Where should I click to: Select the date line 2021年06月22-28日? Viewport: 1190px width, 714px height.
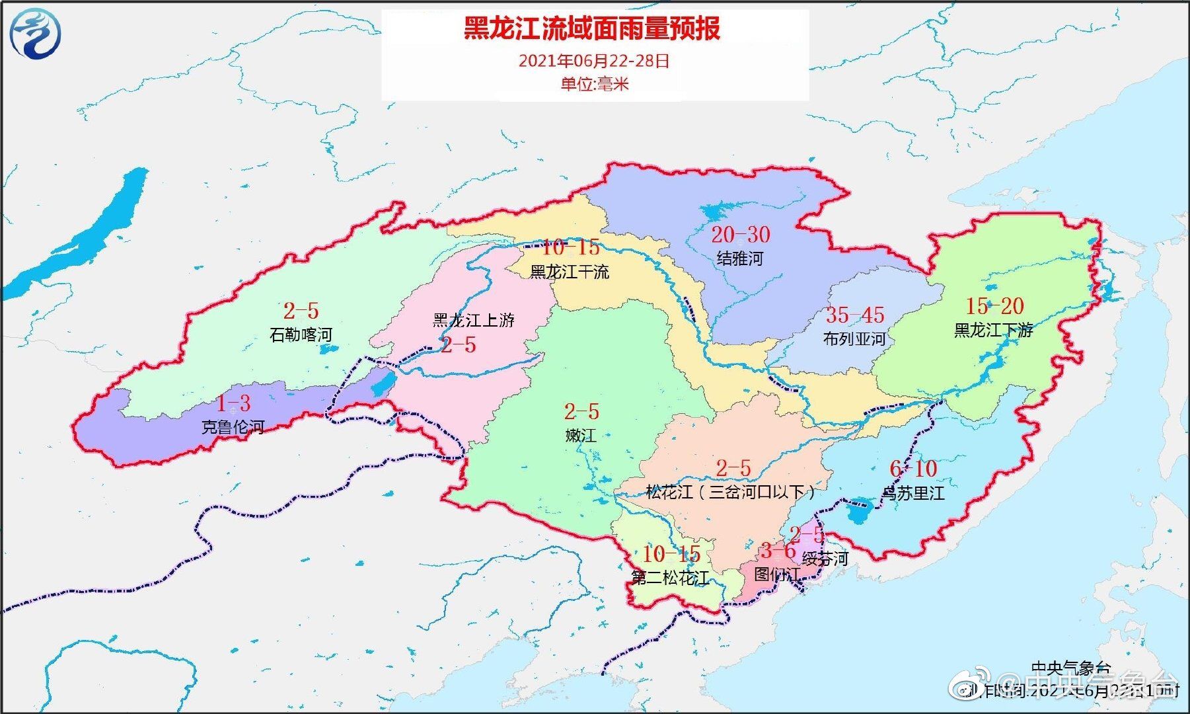pos(594,61)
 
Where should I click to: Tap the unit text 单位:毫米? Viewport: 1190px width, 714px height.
pos(594,84)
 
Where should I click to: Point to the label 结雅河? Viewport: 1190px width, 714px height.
pos(740,258)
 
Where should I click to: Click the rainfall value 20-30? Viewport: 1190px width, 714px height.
pos(741,235)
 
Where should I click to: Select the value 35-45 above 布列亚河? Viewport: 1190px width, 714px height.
pos(855,315)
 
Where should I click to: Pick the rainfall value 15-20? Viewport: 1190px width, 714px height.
pos(994,306)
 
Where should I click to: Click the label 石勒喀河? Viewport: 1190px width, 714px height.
pos(301,335)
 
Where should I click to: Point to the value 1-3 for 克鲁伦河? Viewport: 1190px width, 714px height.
pos(234,403)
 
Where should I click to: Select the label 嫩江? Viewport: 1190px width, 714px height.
pos(581,436)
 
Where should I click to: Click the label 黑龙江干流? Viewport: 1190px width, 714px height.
pos(570,272)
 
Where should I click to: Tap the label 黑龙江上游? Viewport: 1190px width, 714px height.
pos(473,321)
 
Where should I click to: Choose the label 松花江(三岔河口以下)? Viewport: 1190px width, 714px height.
pos(730,492)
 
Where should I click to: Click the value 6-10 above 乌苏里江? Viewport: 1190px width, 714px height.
pos(913,469)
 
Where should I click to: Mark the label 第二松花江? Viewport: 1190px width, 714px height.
pos(670,578)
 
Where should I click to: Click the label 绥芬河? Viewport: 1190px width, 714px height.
pos(825,559)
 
